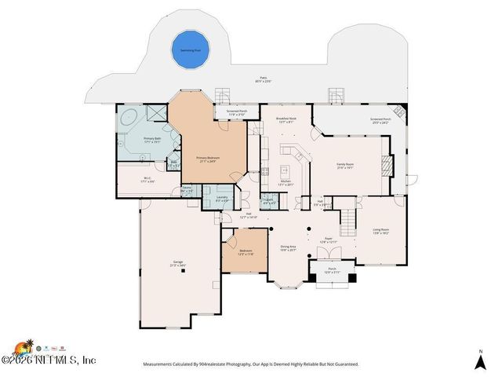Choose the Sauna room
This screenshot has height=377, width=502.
point(187,189)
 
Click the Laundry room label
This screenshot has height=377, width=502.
point(222,197)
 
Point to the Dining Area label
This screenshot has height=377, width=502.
point(288,247)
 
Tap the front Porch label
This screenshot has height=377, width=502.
point(332,269)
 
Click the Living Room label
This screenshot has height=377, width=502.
point(381,231)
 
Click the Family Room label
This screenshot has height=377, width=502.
point(344,166)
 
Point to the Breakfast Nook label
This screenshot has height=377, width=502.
point(288,120)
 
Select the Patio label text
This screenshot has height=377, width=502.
point(269,79)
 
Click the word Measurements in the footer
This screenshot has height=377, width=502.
point(162,364)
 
